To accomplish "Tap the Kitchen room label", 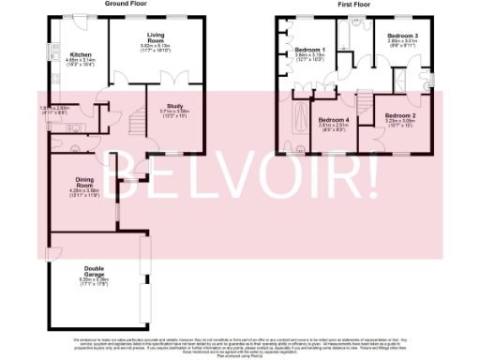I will point(82,55).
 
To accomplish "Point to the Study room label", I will point(173,107).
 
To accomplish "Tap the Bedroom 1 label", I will point(309,50).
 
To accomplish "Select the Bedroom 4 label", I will point(333,121).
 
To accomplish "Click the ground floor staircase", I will point(130,123).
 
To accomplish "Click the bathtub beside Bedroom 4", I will point(299,120).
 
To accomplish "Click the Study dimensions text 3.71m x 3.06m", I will point(173,112).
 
